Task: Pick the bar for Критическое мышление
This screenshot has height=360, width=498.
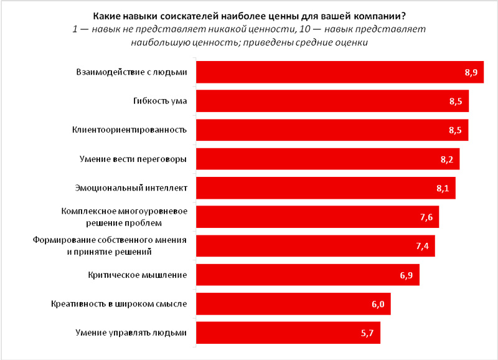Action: coord(305,275)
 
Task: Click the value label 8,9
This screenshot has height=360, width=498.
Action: coord(471,73)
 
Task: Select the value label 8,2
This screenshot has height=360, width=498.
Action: coord(450,159)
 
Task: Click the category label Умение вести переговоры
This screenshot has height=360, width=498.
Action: coord(143,159)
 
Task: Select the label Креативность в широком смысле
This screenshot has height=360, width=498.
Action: coord(119,304)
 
